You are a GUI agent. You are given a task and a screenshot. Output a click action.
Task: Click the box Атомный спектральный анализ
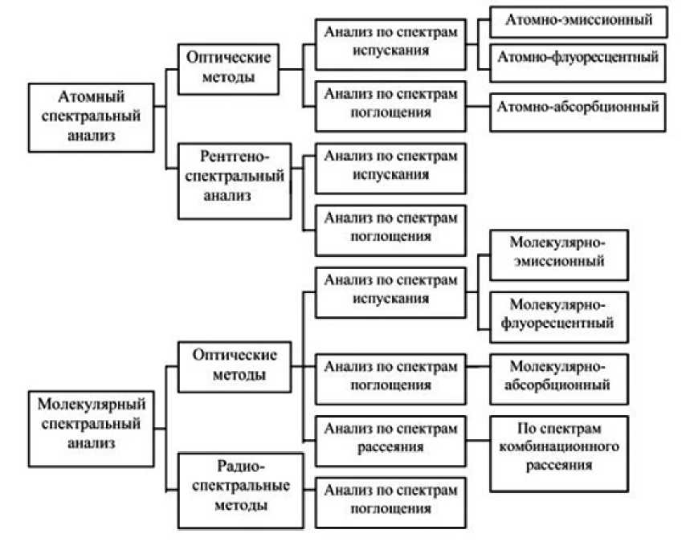point(90,116)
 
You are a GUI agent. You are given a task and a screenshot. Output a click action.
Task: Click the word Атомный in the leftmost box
point(89,98)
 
